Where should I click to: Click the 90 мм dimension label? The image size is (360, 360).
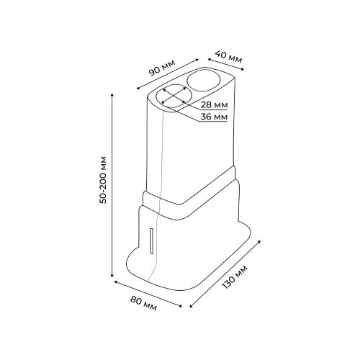[x=162, y=68]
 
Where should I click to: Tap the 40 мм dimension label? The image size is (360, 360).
[x=228, y=56]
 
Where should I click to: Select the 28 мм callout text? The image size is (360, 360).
[x=214, y=105]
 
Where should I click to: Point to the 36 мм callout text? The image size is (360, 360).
[x=214, y=117]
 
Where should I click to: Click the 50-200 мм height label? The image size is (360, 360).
[x=103, y=180]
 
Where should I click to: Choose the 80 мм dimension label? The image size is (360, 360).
[x=143, y=303]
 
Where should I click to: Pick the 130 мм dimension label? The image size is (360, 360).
[x=234, y=277]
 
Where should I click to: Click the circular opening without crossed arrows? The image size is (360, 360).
[x=204, y=80]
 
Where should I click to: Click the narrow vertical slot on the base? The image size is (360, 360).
[x=151, y=240]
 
